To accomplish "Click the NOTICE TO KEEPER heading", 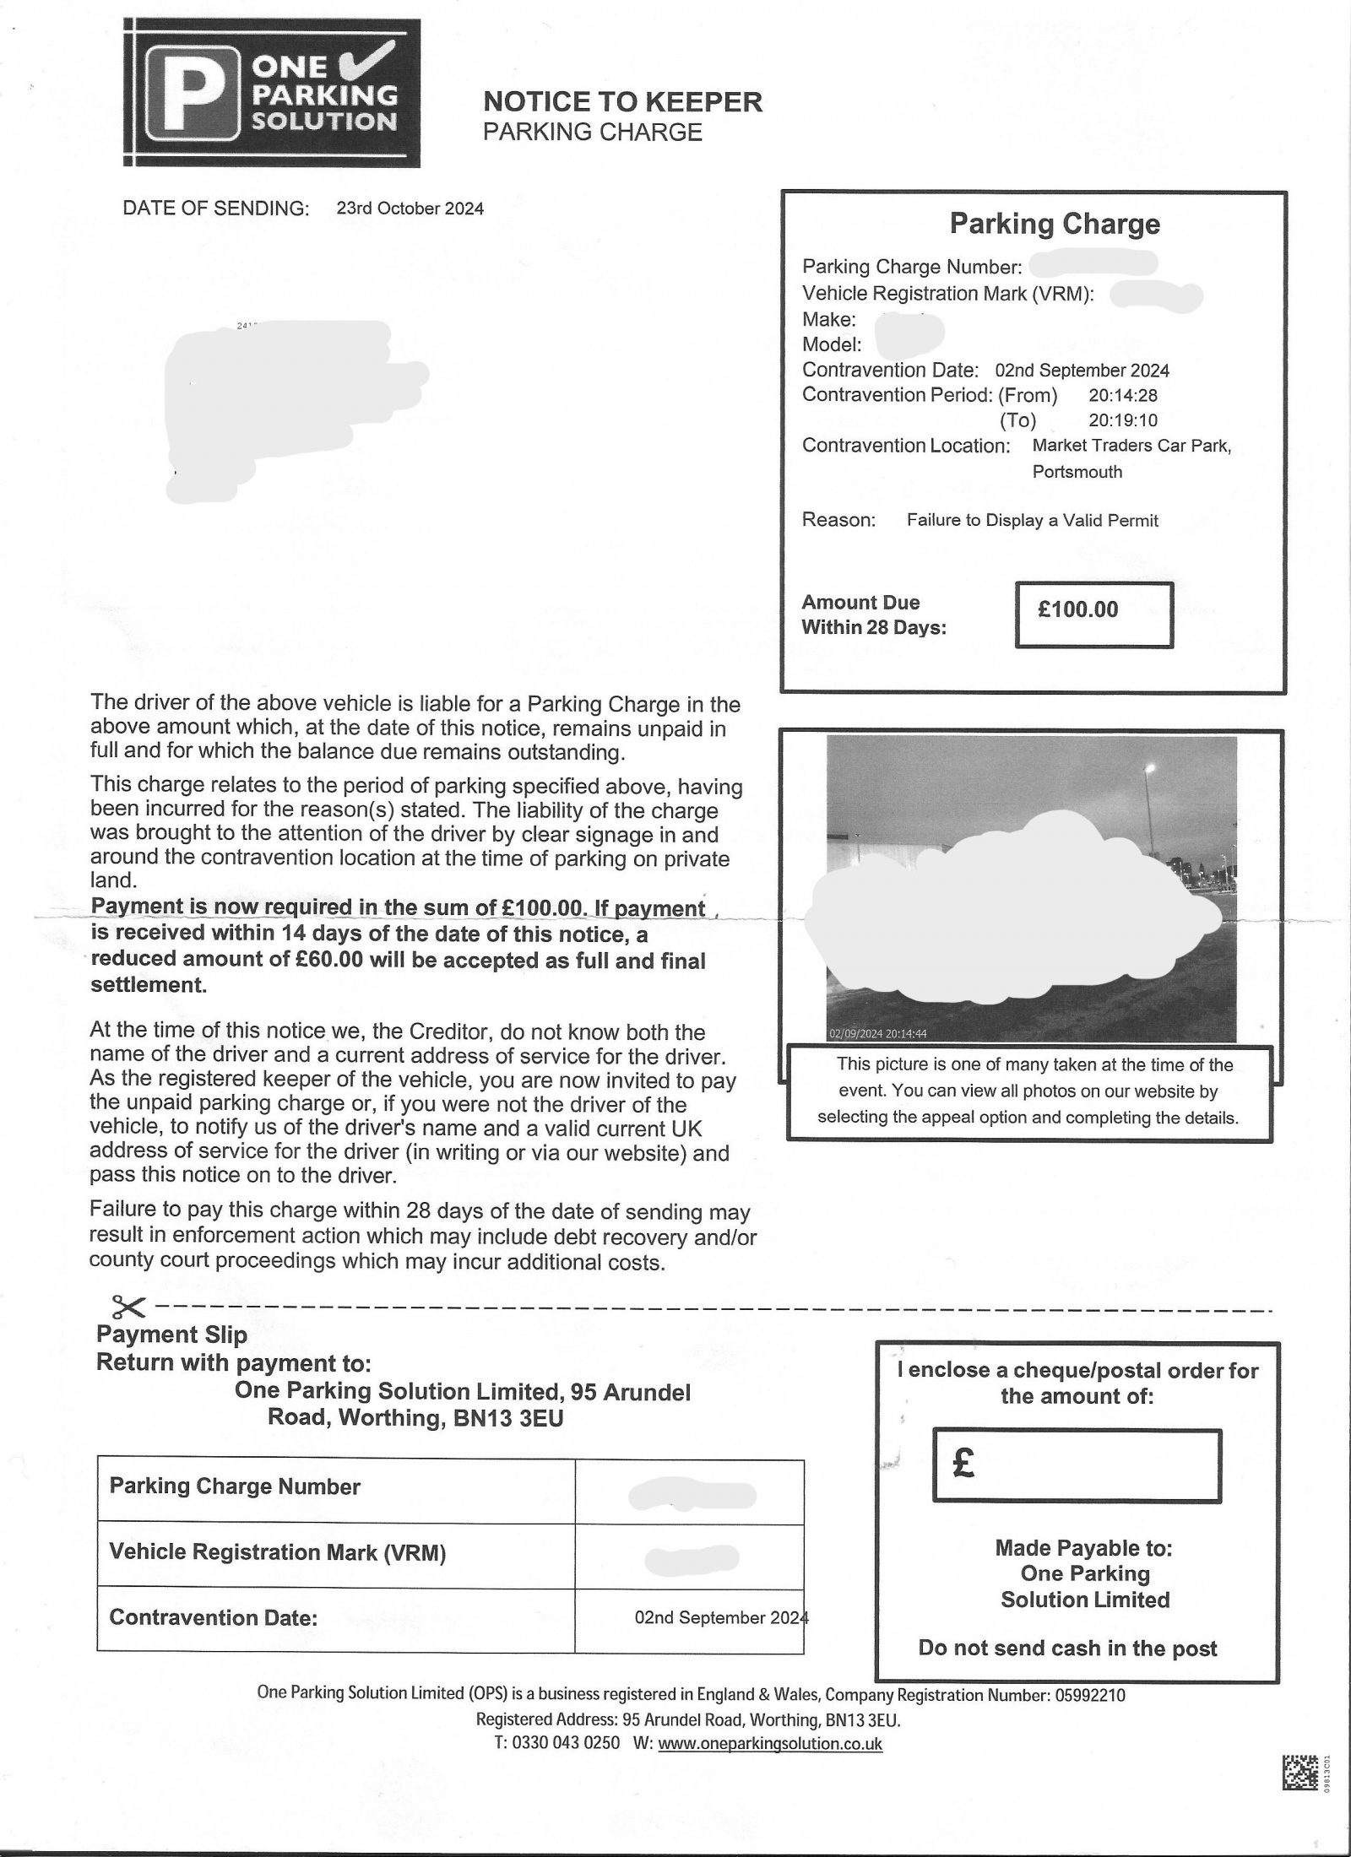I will click(x=622, y=102).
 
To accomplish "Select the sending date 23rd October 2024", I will click(x=410, y=208).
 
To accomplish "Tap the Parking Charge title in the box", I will click(x=1055, y=224).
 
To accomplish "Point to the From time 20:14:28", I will click(x=1123, y=395).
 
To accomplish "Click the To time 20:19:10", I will click(x=1123, y=420).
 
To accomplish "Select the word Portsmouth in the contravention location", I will click(x=1077, y=472).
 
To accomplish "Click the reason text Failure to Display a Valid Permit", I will click(x=1032, y=521).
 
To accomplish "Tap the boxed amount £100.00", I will click(x=1078, y=609).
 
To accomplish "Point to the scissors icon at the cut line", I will click(x=128, y=1307).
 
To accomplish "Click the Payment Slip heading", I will click(x=172, y=1335).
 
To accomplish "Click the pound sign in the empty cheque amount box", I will click(x=963, y=1463).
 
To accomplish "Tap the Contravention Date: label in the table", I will click(x=213, y=1617).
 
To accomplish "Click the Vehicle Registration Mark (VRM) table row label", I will click(x=277, y=1552).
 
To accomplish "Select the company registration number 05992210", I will click(x=1090, y=1695).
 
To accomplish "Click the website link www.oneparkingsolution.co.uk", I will click(x=769, y=1744).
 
